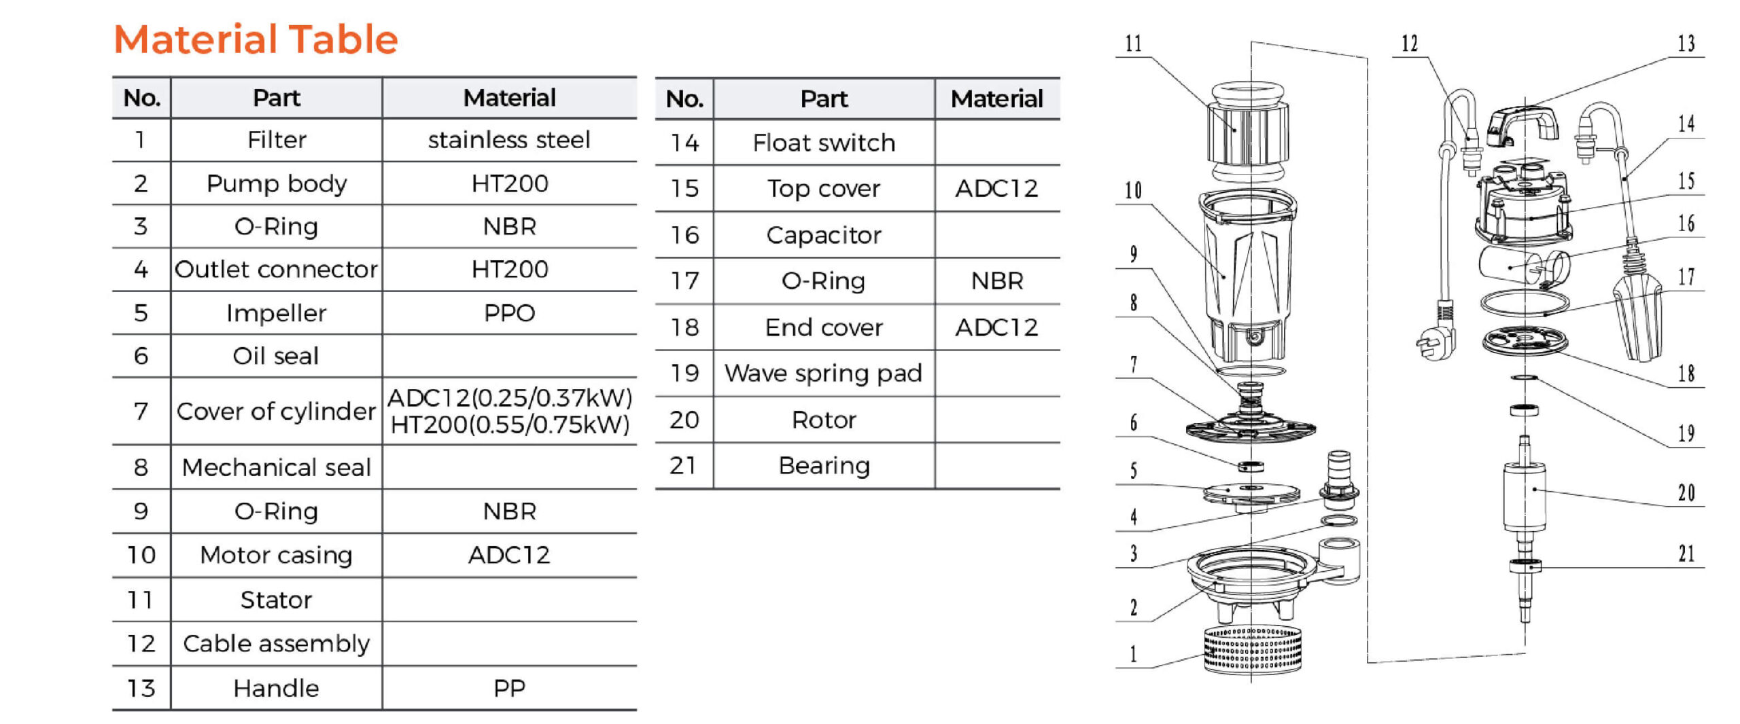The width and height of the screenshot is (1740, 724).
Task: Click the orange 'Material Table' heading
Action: (x=256, y=39)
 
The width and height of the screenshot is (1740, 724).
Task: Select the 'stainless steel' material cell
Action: (x=509, y=140)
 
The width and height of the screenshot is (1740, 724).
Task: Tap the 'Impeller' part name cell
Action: (x=276, y=313)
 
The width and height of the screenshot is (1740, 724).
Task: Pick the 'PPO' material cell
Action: (x=509, y=313)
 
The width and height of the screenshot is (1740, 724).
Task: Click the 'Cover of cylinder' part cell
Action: (x=276, y=411)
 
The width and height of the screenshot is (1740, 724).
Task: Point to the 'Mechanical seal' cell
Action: (x=276, y=467)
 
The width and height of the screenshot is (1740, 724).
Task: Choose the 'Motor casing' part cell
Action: (x=276, y=555)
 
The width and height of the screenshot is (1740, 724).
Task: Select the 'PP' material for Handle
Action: (x=509, y=688)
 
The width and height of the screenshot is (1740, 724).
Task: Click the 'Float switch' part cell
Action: (x=824, y=143)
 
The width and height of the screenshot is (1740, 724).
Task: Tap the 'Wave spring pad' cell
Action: (x=824, y=373)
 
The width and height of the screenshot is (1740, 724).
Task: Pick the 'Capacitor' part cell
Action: (x=824, y=235)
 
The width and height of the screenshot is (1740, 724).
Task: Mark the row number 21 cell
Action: (x=684, y=465)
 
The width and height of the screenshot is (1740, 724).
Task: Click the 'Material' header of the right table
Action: (x=996, y=99)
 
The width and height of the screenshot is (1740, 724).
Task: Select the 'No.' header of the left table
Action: (x=141, y=98)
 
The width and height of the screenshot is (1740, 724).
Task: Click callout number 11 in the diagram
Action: (x=1133, y=44)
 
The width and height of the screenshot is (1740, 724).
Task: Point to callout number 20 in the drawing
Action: (x=1686, y=492)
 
